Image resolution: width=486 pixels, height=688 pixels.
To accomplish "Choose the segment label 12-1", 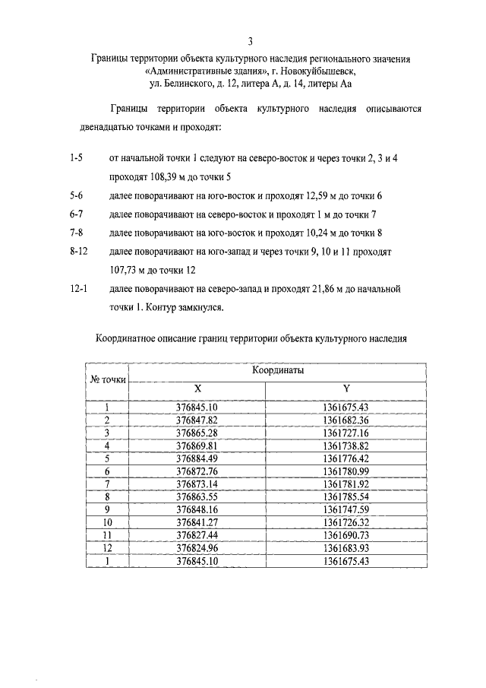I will (77, 290).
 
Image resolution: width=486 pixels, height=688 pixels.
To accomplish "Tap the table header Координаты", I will (277, 370).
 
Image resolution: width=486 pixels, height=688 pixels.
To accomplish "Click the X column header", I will (197, 388).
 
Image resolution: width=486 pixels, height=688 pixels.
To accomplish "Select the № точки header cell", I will (108, 379).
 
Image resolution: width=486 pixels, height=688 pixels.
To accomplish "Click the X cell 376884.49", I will (197, 458).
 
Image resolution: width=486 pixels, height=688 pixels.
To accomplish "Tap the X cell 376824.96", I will (197, 547).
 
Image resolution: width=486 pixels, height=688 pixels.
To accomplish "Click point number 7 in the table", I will (108, 484).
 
